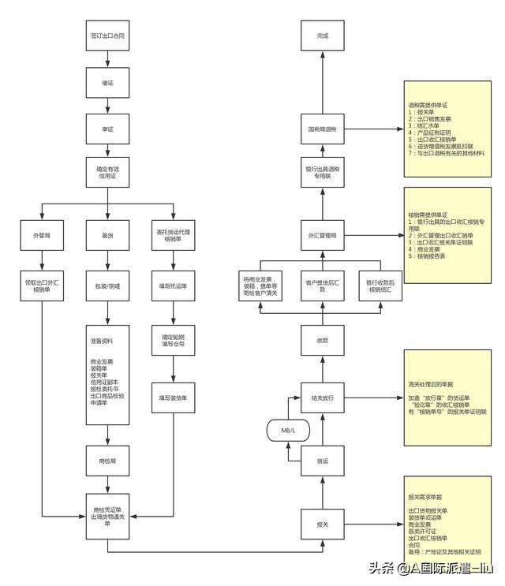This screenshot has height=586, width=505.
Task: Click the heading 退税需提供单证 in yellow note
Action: tap(426, 104)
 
